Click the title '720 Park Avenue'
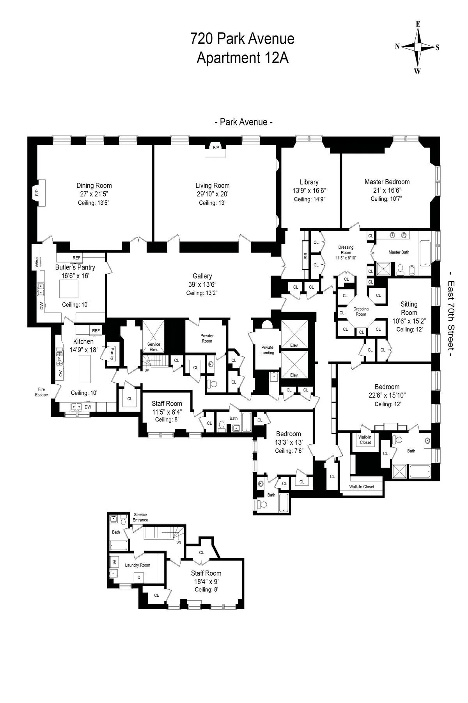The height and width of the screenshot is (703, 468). tap(242, 39)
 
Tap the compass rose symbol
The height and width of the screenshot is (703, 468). tap(418, 47)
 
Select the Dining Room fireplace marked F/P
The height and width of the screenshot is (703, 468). tap(38, 192)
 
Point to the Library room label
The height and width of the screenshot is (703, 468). tap(309, 182)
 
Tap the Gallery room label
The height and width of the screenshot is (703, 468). tap(202, 276)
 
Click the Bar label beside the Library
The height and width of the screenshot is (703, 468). tap(305, 257)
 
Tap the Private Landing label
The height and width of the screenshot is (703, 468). tap(267, 350)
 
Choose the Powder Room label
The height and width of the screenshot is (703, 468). tap(207, 338)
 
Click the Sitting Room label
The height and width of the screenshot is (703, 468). tap(409, 308)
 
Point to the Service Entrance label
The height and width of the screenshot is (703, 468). tap(140, 517)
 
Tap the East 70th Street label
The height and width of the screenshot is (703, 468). tap(451, 314)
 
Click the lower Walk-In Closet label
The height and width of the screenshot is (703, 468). tap(362, 487)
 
